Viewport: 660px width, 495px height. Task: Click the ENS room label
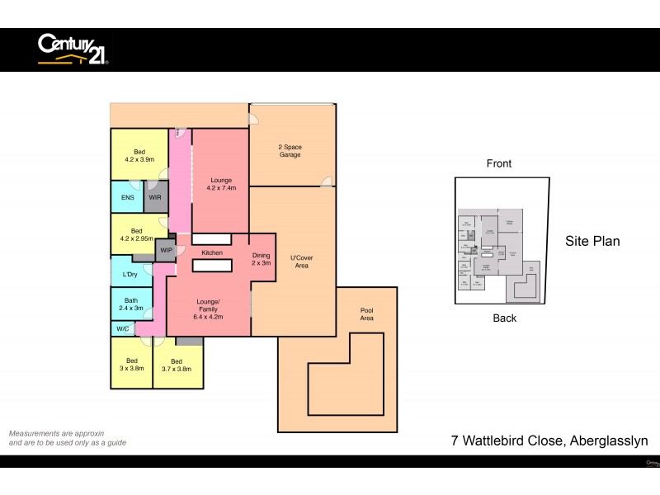point(128,198)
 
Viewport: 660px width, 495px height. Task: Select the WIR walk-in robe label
point(155,198)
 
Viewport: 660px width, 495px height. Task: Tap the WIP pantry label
point(166,250)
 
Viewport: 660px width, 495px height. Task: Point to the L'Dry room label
point(130,274)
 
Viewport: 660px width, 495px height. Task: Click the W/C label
point(122,329)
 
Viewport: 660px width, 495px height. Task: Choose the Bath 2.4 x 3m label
point(131,304)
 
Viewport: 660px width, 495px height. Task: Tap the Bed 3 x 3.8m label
point(132,365)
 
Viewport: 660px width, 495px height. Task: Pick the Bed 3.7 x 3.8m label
point(177,365)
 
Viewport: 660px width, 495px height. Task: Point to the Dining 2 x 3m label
point(262,259)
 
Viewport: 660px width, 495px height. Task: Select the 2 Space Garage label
point(289,150)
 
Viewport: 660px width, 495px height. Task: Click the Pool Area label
point(367,314)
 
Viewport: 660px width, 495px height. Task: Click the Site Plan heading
point(592,242)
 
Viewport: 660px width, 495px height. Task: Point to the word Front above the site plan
point(499,163)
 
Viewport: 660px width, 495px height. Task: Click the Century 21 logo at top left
point(73,49)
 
